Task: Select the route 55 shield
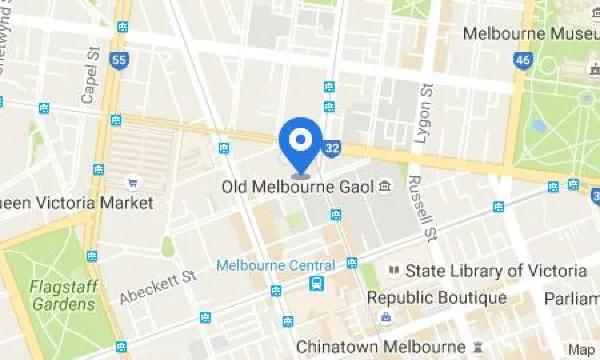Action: point(120,61)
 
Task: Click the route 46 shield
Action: point(522,61)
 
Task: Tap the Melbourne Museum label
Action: point(530,33)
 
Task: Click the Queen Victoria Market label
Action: point(75,203)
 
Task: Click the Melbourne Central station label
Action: point(275,265)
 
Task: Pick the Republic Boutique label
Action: point(436,297)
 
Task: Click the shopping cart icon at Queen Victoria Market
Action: point(132,183)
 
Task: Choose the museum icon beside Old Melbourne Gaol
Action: point(385,188)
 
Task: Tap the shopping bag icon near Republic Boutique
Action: point(384,318)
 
